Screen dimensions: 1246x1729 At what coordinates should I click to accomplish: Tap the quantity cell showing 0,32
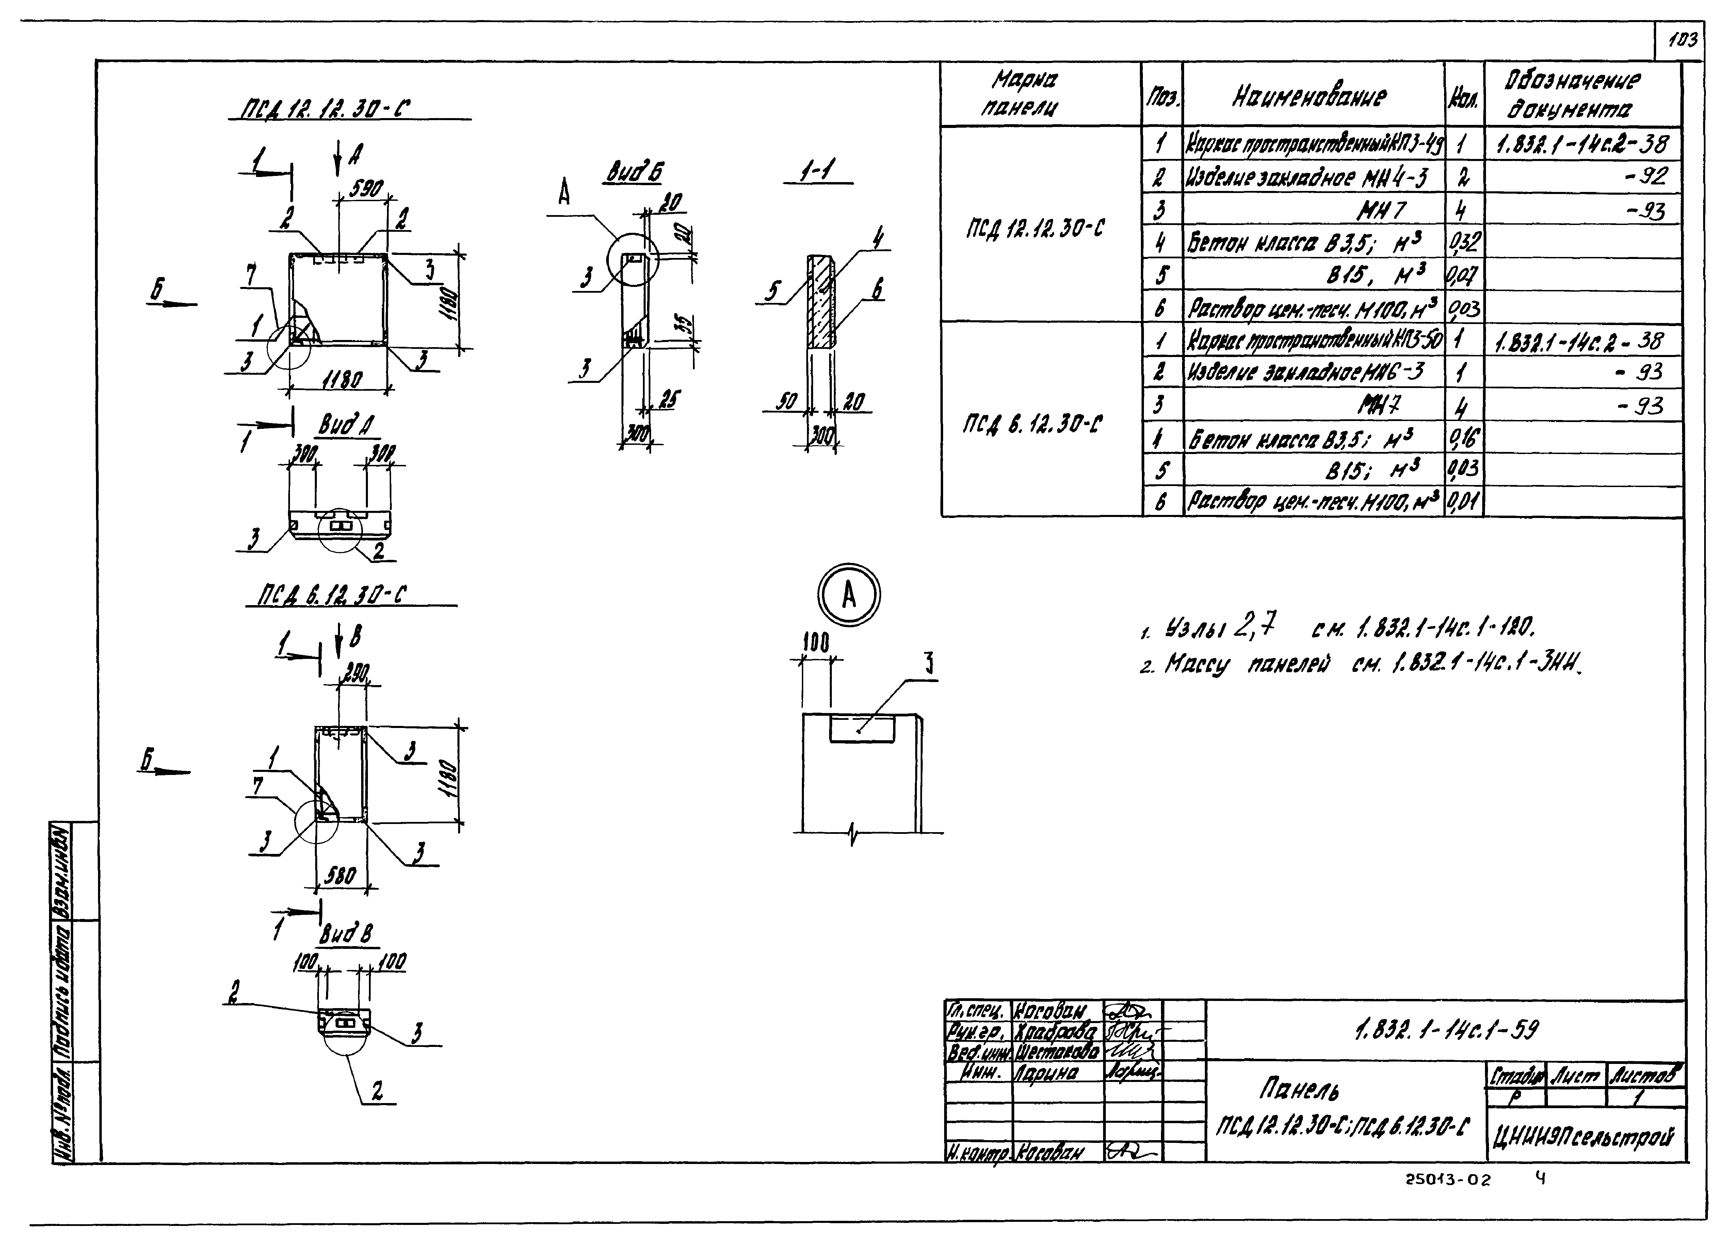[x=1463, y=242]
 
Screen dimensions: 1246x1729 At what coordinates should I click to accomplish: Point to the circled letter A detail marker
[x=849, y=595]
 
